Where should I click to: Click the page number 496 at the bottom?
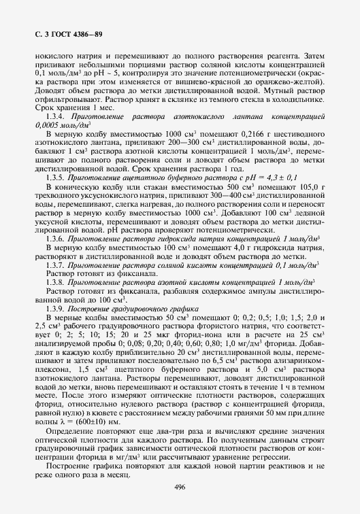[180, 487]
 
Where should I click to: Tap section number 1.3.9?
[56, 291]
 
